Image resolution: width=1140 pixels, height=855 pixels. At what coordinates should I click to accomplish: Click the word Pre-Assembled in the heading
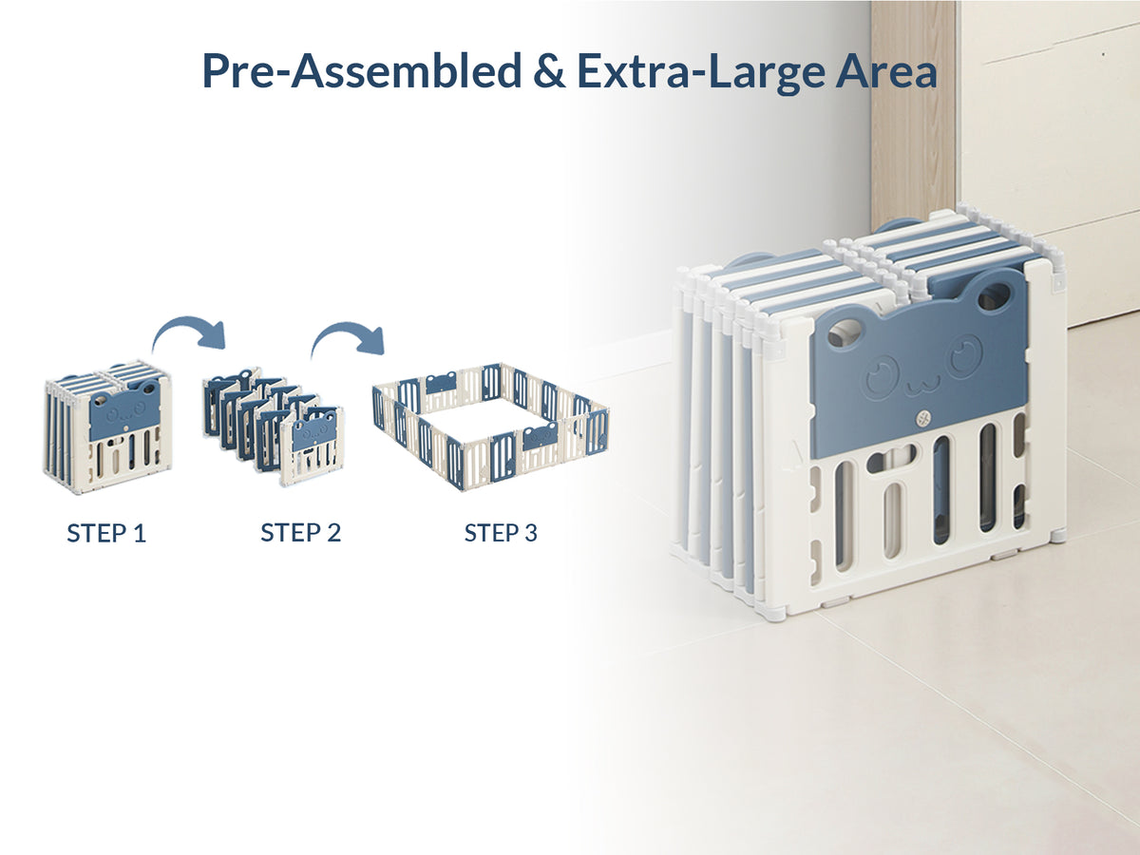[362, 71]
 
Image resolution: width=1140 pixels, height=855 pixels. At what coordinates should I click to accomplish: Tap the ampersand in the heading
[549, 71]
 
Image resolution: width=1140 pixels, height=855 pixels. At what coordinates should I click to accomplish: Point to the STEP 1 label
[106, 534]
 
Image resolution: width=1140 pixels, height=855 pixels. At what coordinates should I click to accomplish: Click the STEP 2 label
[301, 533]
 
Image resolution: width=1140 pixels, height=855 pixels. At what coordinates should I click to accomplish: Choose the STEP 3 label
[501, 533]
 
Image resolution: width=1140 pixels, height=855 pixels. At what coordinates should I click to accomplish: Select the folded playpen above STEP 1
[108, 427]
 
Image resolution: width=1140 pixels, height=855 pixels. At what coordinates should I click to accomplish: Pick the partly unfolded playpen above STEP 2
[274, 426]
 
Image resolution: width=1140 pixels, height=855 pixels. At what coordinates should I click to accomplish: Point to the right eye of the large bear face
[966, 356]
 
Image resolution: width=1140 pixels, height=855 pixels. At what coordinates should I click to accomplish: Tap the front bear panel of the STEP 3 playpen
[540, 439]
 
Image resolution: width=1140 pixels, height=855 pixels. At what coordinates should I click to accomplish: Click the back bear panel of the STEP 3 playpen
[441, 382]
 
